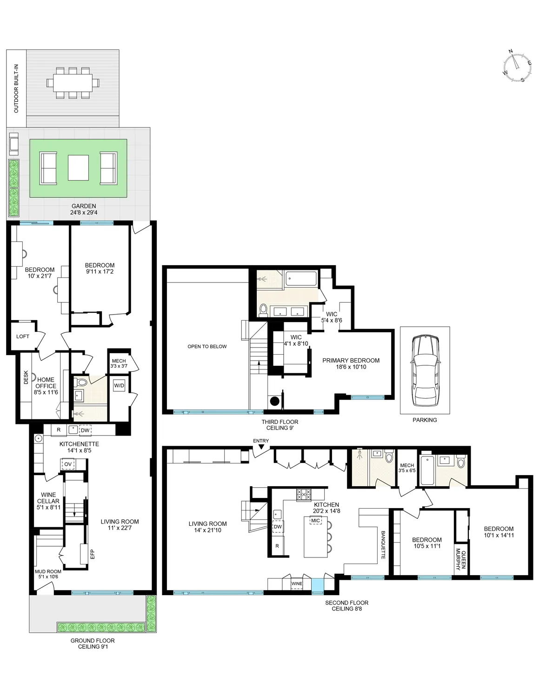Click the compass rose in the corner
coord(517,66)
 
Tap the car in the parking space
coord(425,370)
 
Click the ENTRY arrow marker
coord(261,447)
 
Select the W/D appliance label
coord(119,385)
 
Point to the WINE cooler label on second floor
coord(296,583)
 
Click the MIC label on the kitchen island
coord(316,520)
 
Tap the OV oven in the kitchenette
coord(68,464)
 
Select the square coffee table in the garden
coord(78,168)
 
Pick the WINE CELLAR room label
coord(48,501)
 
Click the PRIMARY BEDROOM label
coord(351,363)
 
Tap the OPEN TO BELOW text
coord(207,346)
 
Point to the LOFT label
coord(23,336)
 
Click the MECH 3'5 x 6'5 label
coord(407,468)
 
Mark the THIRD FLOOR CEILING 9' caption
coord(279,425)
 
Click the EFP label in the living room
coord(92,554)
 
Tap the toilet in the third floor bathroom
coord(263,309)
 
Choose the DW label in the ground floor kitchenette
coord(85,430)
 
